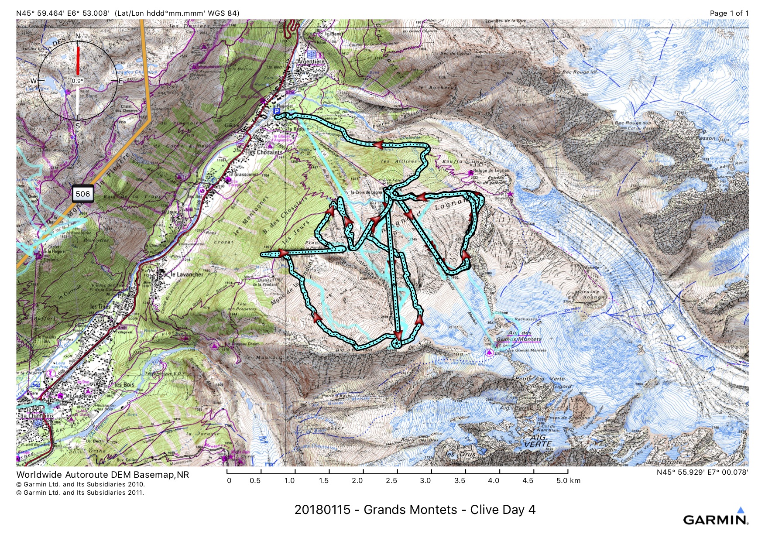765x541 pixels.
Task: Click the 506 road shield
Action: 83,194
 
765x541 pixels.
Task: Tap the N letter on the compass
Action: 78,36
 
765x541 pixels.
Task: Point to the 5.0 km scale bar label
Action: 568,480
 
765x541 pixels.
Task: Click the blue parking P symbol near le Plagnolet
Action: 276,111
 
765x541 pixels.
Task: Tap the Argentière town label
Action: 310,62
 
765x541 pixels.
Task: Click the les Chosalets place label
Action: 265,152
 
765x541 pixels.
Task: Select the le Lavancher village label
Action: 187,274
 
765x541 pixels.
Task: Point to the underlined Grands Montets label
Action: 519,339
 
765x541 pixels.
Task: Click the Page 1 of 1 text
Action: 728,13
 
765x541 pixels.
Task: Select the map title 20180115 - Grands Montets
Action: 415,510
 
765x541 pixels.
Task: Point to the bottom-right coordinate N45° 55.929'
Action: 702,472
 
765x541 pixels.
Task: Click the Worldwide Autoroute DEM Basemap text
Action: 103,475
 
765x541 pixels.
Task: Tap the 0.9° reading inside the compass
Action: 77,81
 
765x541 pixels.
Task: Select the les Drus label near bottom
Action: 461,454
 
